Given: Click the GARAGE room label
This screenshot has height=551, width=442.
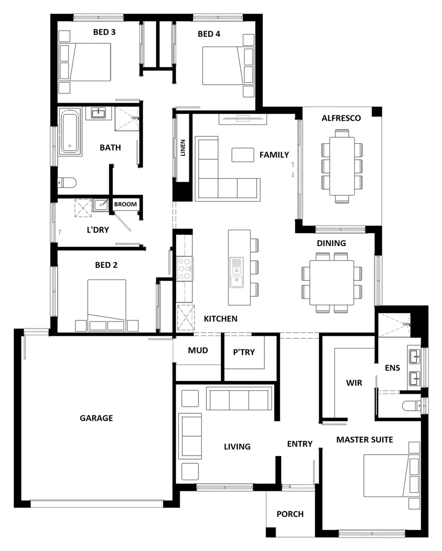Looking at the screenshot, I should [96, 418].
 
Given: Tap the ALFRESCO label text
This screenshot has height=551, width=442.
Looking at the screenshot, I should [341, 118].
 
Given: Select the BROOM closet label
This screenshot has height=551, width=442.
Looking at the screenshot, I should [126, 205].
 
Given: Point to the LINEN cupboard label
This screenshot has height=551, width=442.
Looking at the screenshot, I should [183, 148].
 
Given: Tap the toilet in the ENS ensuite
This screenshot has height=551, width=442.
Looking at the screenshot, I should [411, 406].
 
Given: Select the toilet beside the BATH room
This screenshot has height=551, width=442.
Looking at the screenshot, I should [67, 182].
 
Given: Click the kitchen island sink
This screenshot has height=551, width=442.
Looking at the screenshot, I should [236, 273].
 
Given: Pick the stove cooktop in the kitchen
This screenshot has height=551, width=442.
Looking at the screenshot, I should [184, 268].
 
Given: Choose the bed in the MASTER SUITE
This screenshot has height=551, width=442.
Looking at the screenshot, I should [388, 475].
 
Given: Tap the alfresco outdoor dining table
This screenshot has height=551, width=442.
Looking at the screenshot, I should [341, 166].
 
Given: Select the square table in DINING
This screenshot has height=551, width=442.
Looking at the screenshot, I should [332, 282].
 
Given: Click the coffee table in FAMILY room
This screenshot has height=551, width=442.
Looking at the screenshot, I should [243, 155].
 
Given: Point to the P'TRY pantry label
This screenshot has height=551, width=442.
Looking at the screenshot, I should [243, 352].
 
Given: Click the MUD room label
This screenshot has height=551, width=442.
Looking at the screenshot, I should [198, 350].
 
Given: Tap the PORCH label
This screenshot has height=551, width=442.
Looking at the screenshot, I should [289, 514].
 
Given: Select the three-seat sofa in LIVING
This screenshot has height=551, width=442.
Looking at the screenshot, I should [239, 398].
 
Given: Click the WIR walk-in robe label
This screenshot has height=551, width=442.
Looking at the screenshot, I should [354, 383].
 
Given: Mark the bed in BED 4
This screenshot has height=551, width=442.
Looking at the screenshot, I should [223, 66].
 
